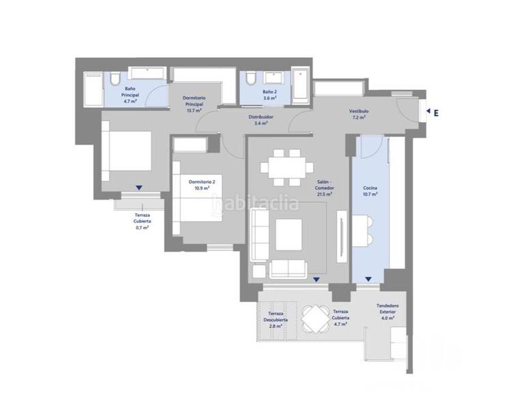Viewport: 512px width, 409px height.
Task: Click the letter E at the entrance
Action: tap(435, 113)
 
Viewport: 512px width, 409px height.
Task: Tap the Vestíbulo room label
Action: tap(359, 114)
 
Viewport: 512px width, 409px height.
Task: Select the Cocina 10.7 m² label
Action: tap(370, 190)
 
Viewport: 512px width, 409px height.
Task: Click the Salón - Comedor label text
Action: tap(324, 189)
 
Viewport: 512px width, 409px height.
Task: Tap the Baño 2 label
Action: tap(270, 94)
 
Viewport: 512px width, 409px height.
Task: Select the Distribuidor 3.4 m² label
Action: tap(260, 120)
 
